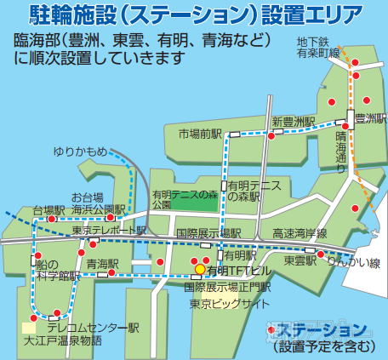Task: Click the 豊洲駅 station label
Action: coord(372,119)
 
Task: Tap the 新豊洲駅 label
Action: coord(294,122)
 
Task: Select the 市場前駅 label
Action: coord(200,134)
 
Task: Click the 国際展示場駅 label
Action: coord(208,232)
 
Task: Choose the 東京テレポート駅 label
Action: coord(110,230)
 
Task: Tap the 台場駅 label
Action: coord(48,209)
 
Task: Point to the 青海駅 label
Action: coord(101,264)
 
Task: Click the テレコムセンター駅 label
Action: coord(92,328)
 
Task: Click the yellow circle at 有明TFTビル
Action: coord(200,269)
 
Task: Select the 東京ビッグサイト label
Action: coord(224,303)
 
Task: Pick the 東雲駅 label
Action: coord(300,261)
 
